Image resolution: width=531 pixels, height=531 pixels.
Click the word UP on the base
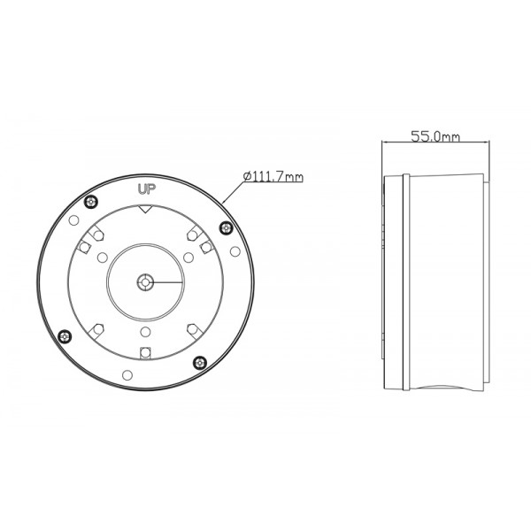click(x=146, y=189)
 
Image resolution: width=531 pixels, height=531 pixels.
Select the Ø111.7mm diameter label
click(x=273, y=177)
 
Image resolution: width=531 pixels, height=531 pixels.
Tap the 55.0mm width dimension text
click(x=435, y=136)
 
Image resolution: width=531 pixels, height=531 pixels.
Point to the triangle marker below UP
click(x=146, y=210)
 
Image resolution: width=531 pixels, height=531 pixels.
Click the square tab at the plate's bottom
click(x=146, y=352)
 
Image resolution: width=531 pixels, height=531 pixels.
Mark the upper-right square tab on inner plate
click(x=204, y=243)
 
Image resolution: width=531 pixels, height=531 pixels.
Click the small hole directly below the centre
click(x=146, y=334)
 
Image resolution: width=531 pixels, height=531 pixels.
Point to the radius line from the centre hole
click(x=166, y=281)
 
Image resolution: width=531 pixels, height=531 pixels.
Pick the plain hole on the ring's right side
click(x=235, y=251)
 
